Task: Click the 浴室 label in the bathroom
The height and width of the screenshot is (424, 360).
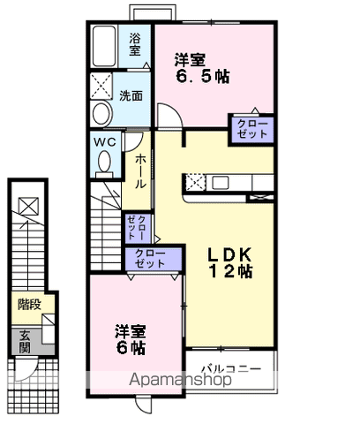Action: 135,44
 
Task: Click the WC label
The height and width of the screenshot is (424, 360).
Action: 104,140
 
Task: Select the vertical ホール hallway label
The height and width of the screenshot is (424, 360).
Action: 140,172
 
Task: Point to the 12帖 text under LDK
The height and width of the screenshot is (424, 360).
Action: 230,272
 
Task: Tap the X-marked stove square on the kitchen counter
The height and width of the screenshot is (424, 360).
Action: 195,183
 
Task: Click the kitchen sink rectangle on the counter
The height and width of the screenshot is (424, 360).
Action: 220,183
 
